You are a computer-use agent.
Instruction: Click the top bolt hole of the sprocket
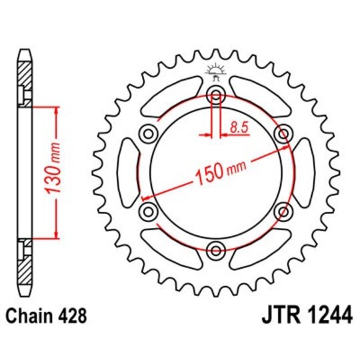(x=216, y=95)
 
